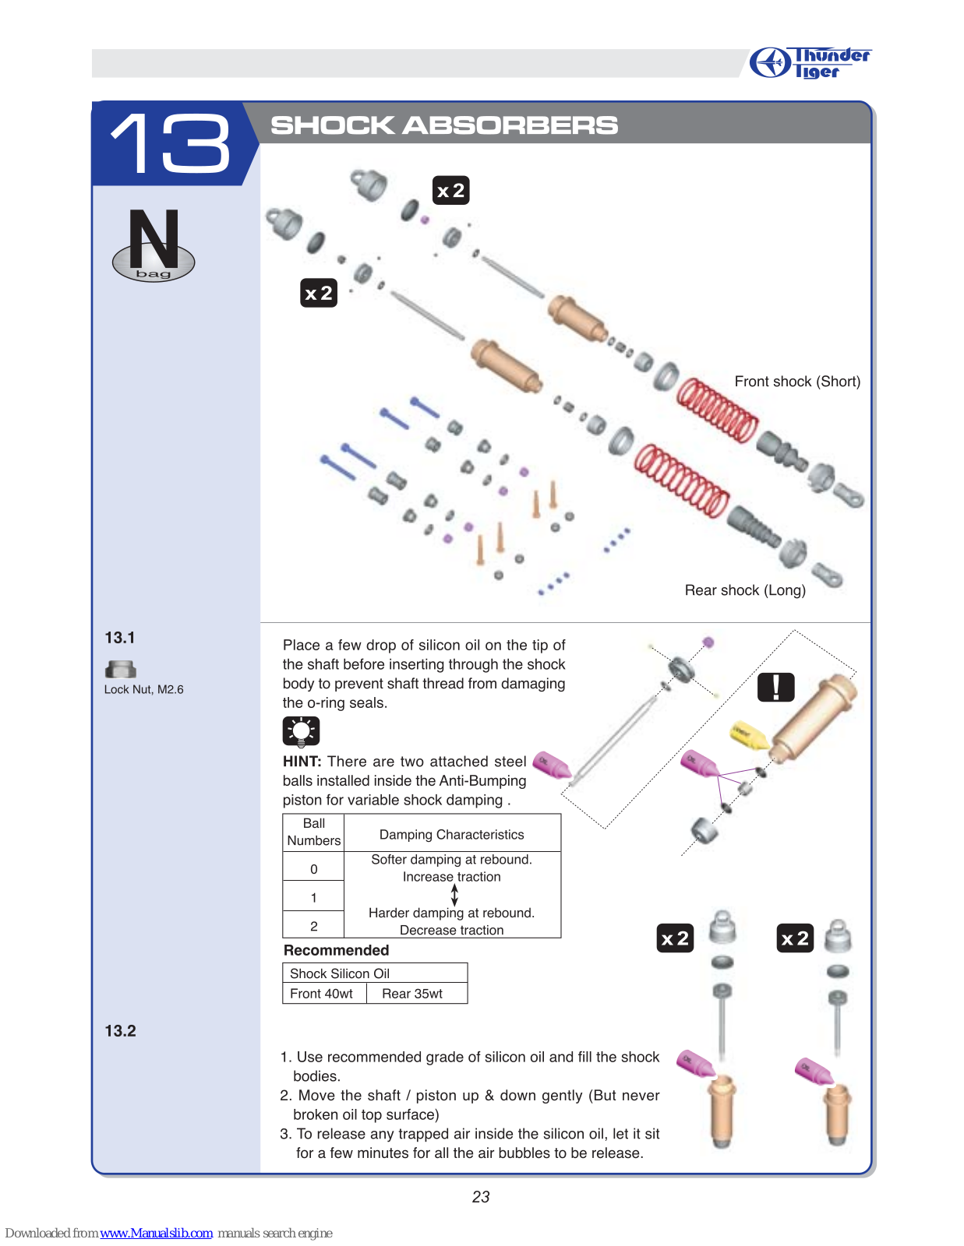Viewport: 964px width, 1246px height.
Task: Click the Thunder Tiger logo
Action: tap(810, 62)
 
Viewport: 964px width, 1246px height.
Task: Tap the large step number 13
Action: tap(171, 143)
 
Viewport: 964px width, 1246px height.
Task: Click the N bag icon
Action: tap(154, 245)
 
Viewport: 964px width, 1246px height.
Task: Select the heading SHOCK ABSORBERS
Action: tap(444, 125)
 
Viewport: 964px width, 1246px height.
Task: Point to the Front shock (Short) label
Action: tap(796, 382)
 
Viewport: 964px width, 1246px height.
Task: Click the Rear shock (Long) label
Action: tap(744, 590)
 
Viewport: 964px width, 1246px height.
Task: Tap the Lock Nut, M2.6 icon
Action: tap(120, 669)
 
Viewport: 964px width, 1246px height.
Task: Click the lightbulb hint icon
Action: tap(301, 731)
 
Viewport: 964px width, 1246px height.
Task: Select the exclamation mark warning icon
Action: tap(775, 687)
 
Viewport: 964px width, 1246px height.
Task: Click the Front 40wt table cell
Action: tap(322, 994)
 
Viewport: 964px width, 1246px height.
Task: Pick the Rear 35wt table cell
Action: tap(412, 994)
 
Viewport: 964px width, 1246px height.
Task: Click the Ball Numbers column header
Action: tap(313, 832)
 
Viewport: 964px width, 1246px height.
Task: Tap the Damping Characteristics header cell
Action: tap(451, 834)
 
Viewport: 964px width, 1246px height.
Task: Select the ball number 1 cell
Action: tap(313, 897)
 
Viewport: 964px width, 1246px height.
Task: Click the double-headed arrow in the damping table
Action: tap(454, 895)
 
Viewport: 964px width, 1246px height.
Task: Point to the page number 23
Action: tap(481, 1197)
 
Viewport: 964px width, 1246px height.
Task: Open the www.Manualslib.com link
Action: tap(156, 1233)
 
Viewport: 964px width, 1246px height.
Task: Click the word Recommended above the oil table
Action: tap(336, 950)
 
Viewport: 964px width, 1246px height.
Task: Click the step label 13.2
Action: tap(120, 1031)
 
